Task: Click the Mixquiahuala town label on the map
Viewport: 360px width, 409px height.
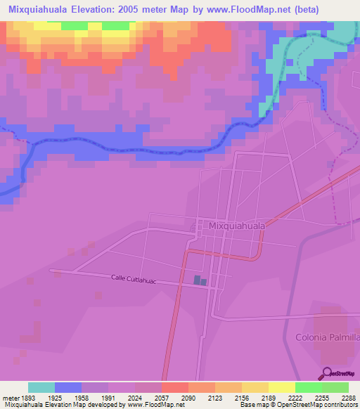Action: [237, 226]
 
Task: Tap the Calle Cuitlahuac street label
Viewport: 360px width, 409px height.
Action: [133, 279]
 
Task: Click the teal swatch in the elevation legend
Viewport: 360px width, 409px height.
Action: [41, 387]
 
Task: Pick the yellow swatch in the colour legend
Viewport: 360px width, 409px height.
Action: [281, 387]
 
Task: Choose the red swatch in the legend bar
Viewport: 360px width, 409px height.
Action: [174, 387]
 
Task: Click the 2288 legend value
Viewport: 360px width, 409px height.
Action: [349, 398]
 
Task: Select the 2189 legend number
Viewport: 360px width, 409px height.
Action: [268, 398]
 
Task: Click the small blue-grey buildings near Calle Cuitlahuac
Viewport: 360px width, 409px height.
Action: [200, 281]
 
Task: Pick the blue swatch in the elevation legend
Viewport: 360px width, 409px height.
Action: [68, 387]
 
